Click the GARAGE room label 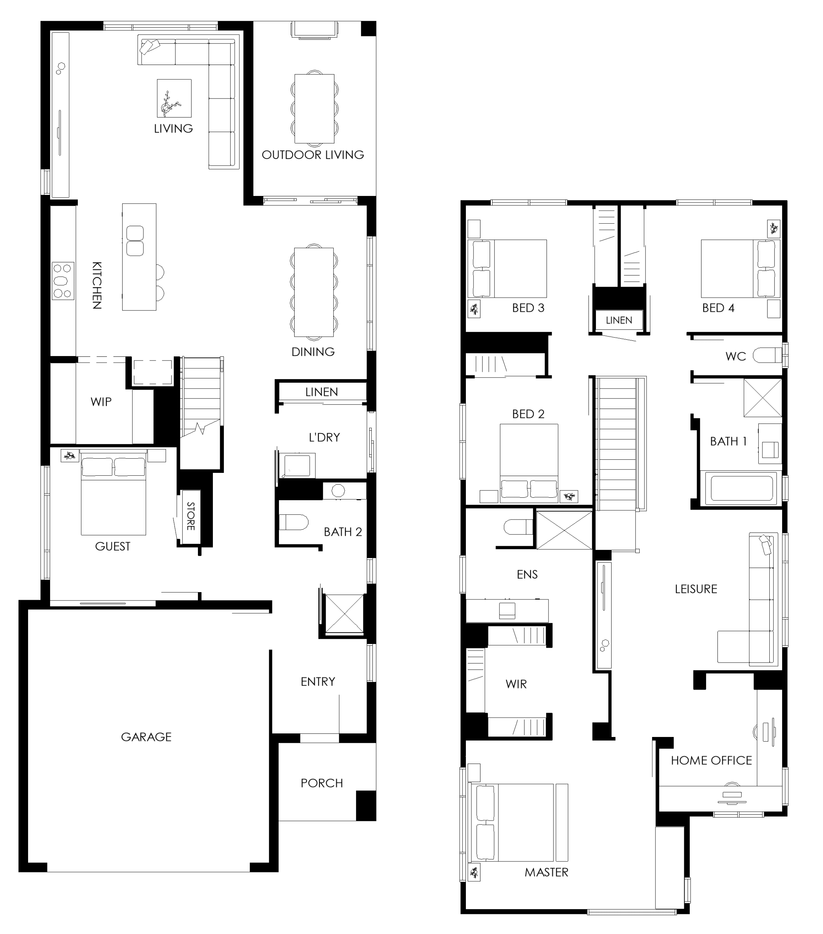coord(146,737)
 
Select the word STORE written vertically coord(191,516)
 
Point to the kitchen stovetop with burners coord(63,281)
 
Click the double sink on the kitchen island coord(135,241)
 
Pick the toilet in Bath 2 coord(294,522)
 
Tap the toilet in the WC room coord(767,355)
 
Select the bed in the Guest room coord(114,496)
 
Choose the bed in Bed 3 coord(506,269)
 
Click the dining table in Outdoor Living coord(315,109)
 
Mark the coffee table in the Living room coord(174,98)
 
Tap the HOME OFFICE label coord(711,760)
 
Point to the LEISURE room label coord(696,589)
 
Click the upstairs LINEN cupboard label coord(619,320)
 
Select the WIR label coord(516,684)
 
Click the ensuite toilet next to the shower coord(518,527)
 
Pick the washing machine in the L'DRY coord(297,466)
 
